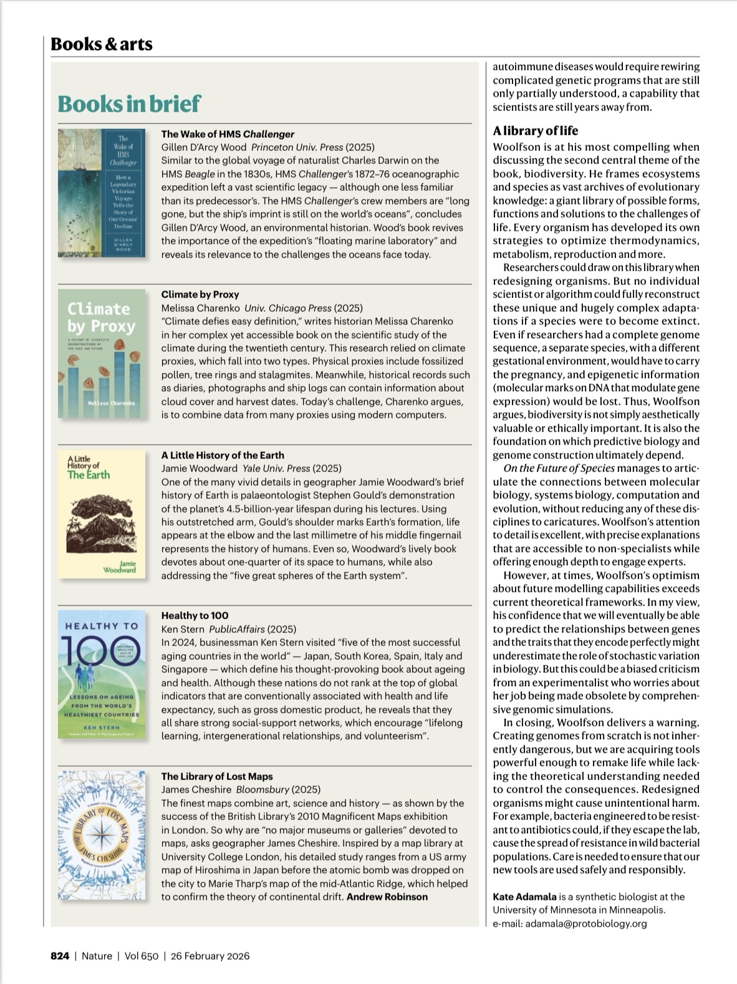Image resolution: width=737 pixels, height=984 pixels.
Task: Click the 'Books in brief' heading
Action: [x=129, y=103]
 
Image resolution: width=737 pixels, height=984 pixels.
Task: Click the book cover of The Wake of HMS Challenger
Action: [x=101, y=193]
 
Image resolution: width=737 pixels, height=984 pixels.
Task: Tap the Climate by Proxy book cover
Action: [x=101, y=354]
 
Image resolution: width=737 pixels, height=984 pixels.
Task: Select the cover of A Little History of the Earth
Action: [x=101, y=514]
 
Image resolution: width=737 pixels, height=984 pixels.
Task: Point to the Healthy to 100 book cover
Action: [x=101, y=675]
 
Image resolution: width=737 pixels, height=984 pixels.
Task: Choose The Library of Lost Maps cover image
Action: [x=101, y=836]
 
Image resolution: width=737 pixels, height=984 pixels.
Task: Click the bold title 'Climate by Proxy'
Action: [x=200, y=294]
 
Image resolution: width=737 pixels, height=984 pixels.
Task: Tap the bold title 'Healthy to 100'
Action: [x=195, y=615]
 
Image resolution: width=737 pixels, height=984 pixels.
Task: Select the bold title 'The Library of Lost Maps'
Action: [x=217, y=776]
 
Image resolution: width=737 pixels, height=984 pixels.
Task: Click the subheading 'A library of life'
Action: [x=535, y=130]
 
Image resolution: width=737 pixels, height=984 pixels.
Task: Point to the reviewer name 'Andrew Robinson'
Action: [x=387, y=897]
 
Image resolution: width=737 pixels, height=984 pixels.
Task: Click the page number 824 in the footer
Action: [x=59, y=956]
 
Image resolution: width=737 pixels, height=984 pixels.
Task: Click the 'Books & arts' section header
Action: [x=101, y=44]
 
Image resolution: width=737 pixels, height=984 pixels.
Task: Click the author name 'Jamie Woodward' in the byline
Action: [x=199, y=468]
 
